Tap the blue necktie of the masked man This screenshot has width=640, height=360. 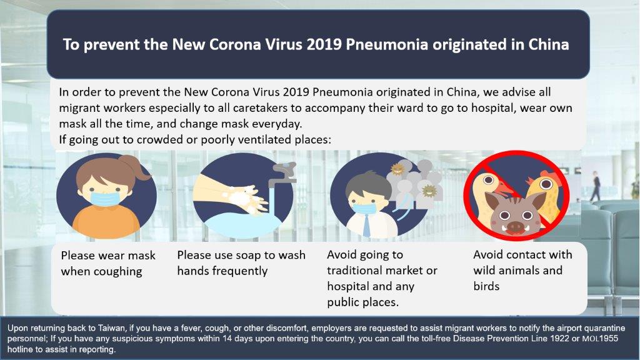click(x=366, y=225)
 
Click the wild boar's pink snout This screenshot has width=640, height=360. click(x=514, y=226)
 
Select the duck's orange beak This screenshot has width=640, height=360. click(x=504, y=189)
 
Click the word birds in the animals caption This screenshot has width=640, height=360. click(x=486, y=286)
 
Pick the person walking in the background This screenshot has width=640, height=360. click(x=596, y=186)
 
